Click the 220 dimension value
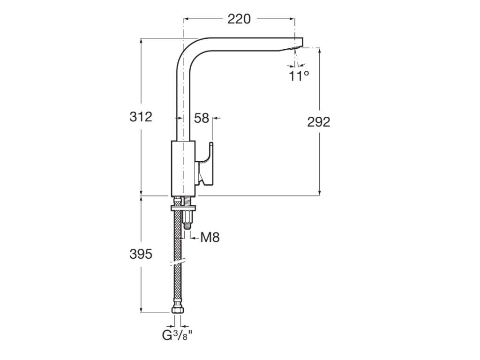pyautogui.click(x=239, y=19)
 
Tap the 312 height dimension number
pyautogui.click(x=141, y=117)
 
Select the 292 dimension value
pyautogui.click(x=319, y=122)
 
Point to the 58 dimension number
pyautogui.click(x=202, y=118)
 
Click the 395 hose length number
pyautogui.click(x=141, y=254)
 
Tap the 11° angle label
pyautogui.click(x=299, y=75)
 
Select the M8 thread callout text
pyautogui.click(x=210, y=237)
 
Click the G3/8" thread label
pyautogui.click(x=177, y=336)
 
